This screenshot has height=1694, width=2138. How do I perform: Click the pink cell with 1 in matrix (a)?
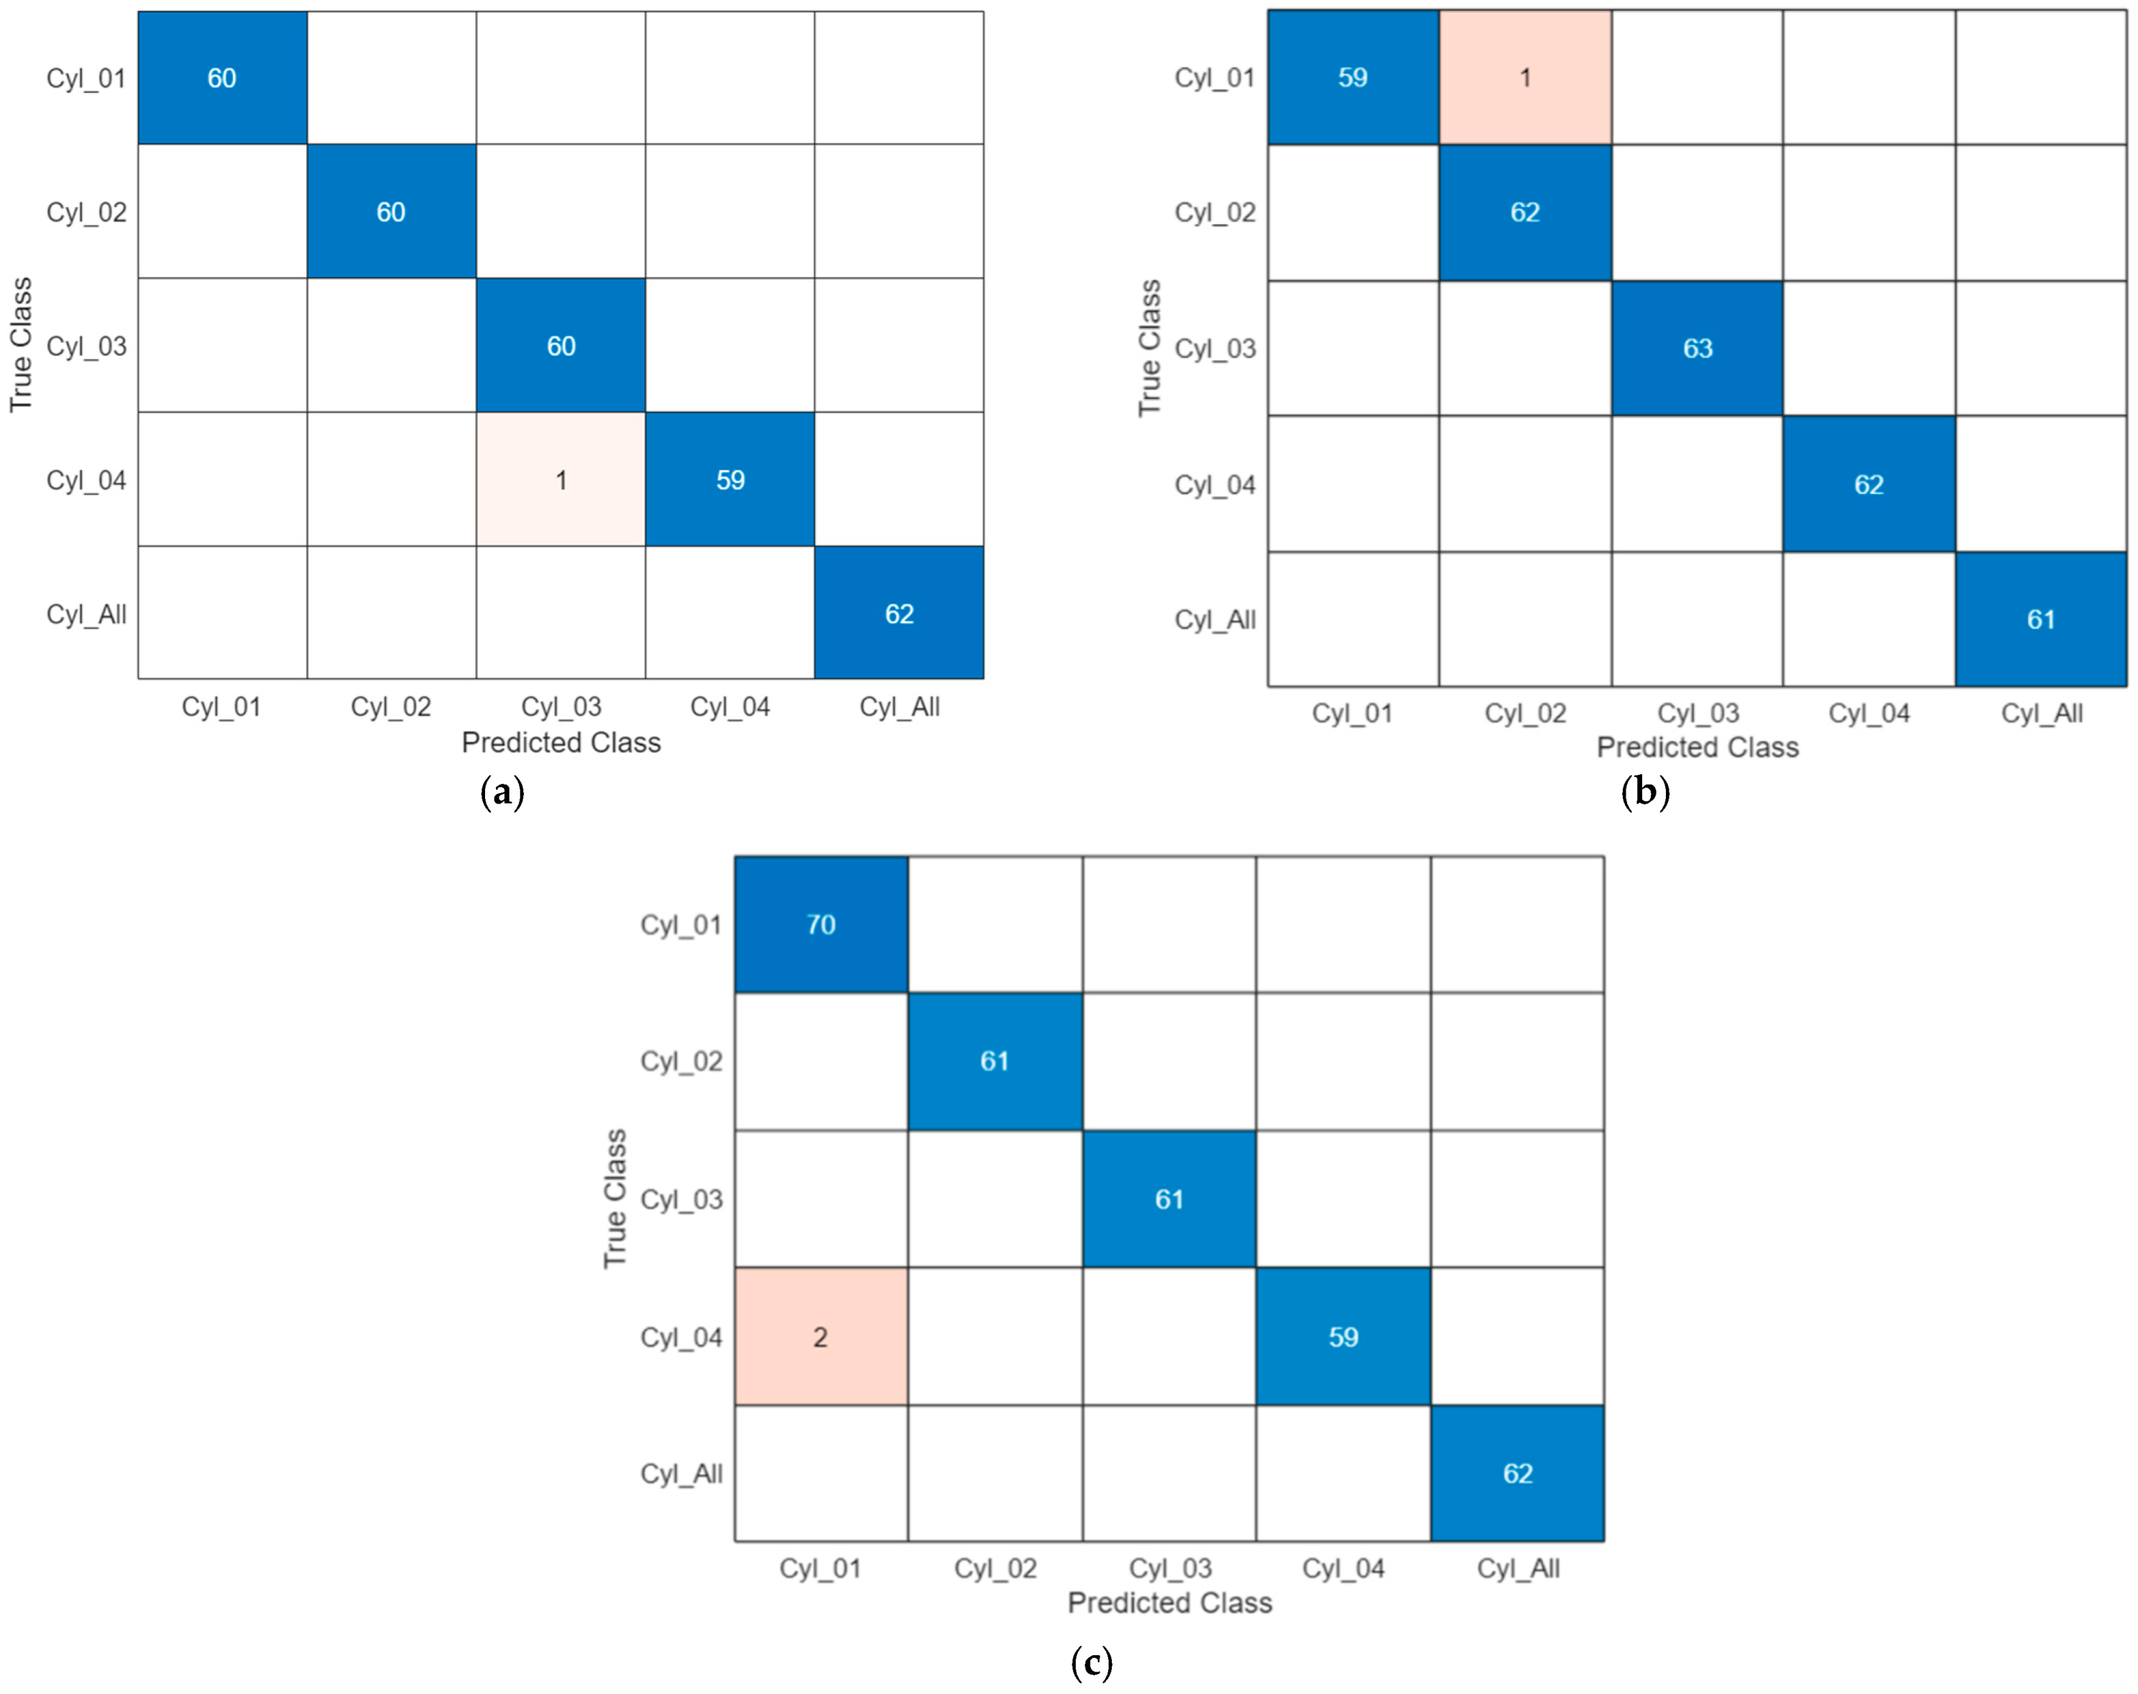click(x=561, y=479)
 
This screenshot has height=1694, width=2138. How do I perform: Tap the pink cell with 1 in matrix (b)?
click(x=1524, y=78)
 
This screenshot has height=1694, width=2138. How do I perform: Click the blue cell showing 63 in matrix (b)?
click(x=1697, y=348)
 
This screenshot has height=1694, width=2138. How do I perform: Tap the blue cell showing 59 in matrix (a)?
click(x=730, y=479)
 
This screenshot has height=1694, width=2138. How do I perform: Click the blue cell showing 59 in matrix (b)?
click(x=1352, y=78)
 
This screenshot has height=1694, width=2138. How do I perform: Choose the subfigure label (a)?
click(x=502, y=791)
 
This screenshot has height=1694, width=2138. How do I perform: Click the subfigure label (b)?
click(x=1645, y=791)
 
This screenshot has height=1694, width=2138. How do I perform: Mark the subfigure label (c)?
click(x=1092, y=1660)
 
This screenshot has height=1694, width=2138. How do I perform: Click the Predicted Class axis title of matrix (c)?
click(x=1169, y=1603)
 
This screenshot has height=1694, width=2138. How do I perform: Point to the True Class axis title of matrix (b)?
click(x=1148, y=347)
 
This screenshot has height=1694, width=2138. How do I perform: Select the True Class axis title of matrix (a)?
click(x=21, y=344)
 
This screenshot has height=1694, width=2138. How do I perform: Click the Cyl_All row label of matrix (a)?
click(x=86, y=614)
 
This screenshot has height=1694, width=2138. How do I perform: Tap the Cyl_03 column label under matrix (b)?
click(x=1697, y=713)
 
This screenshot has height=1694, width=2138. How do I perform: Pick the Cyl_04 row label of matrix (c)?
click(x=681, y=1337)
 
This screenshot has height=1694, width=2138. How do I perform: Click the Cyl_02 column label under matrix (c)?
click(x=995, y=1568)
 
